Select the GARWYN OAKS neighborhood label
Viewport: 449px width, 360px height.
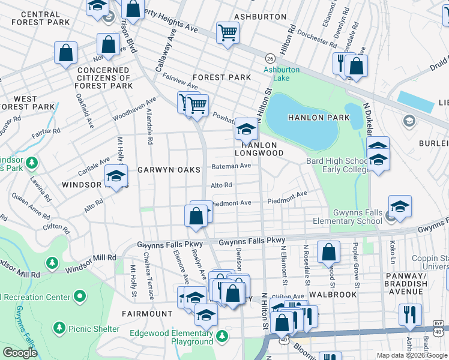[x=169, y=170]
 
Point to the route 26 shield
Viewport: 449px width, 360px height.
[x=271, y=58]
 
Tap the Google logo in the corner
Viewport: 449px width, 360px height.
[x=20, y=353]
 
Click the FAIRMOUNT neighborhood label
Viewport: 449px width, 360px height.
[x=147, y=313]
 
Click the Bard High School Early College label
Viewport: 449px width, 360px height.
[x=337, y=165]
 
